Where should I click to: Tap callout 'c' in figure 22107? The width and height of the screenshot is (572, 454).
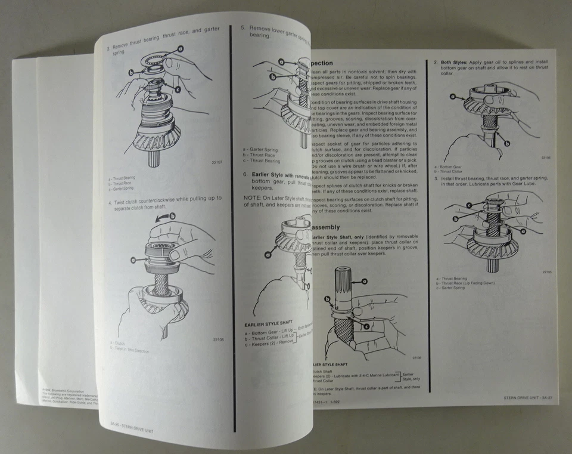point(178,89)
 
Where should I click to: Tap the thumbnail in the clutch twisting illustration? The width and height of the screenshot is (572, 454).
point(173,254)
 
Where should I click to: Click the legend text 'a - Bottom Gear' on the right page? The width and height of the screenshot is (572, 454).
point(447,166)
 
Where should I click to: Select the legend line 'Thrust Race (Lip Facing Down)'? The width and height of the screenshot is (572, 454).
point(468,282)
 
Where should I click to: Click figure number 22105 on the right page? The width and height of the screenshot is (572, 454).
point(546,271)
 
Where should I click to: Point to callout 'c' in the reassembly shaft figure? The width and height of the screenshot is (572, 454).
point(366,326)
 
